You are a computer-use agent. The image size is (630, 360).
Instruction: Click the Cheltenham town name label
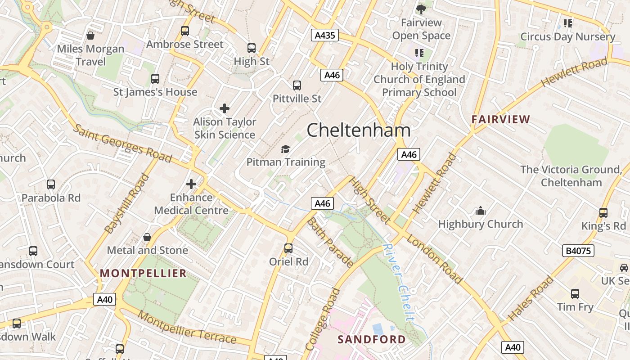coord(359,130)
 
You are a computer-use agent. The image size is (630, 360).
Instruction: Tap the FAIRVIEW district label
coord(501,120)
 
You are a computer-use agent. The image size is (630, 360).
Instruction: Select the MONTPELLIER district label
coord(143,273)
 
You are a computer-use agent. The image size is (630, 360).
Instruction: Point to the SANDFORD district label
coord(372,339)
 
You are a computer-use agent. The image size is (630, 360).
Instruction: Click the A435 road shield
coord(324,35)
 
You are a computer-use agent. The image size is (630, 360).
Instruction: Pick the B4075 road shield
coord(578,251)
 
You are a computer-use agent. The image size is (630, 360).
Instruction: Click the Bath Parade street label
coord(330,243)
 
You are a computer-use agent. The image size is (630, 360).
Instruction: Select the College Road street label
coord(322,319)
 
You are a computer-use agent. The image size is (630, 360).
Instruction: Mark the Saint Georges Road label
coord(122,143)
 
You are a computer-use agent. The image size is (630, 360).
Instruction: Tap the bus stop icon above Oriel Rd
coord(288,248)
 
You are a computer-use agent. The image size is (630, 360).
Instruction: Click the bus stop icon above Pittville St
coord(297,85)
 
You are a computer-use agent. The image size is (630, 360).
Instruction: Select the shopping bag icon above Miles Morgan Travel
coord(90,36)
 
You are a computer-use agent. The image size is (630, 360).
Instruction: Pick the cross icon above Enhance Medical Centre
coord(191,184)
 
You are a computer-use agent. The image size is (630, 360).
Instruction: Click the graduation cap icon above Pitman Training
coord(285,149)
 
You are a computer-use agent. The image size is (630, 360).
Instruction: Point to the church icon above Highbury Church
coord(481,211)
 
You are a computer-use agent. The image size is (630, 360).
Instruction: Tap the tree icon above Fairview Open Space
coord(421,9)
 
